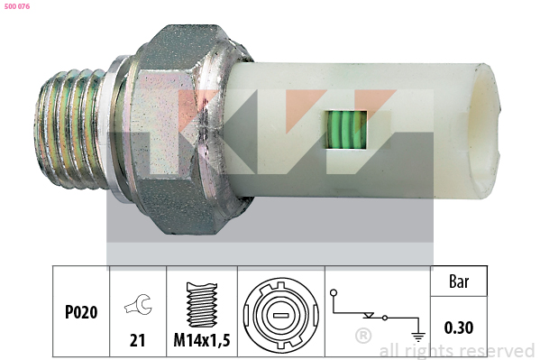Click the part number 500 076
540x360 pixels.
point(17,6)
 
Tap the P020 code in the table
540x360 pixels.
point(81,312)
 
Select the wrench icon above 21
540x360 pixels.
point(138,304)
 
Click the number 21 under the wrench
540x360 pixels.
point(137,340)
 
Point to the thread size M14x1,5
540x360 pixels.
point(202,340)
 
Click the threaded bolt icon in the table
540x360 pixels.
point(202,305)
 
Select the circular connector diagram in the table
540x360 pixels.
point(281,315)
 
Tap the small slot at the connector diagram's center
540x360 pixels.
point(281,315)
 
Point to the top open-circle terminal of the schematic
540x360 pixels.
point(334,293)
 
